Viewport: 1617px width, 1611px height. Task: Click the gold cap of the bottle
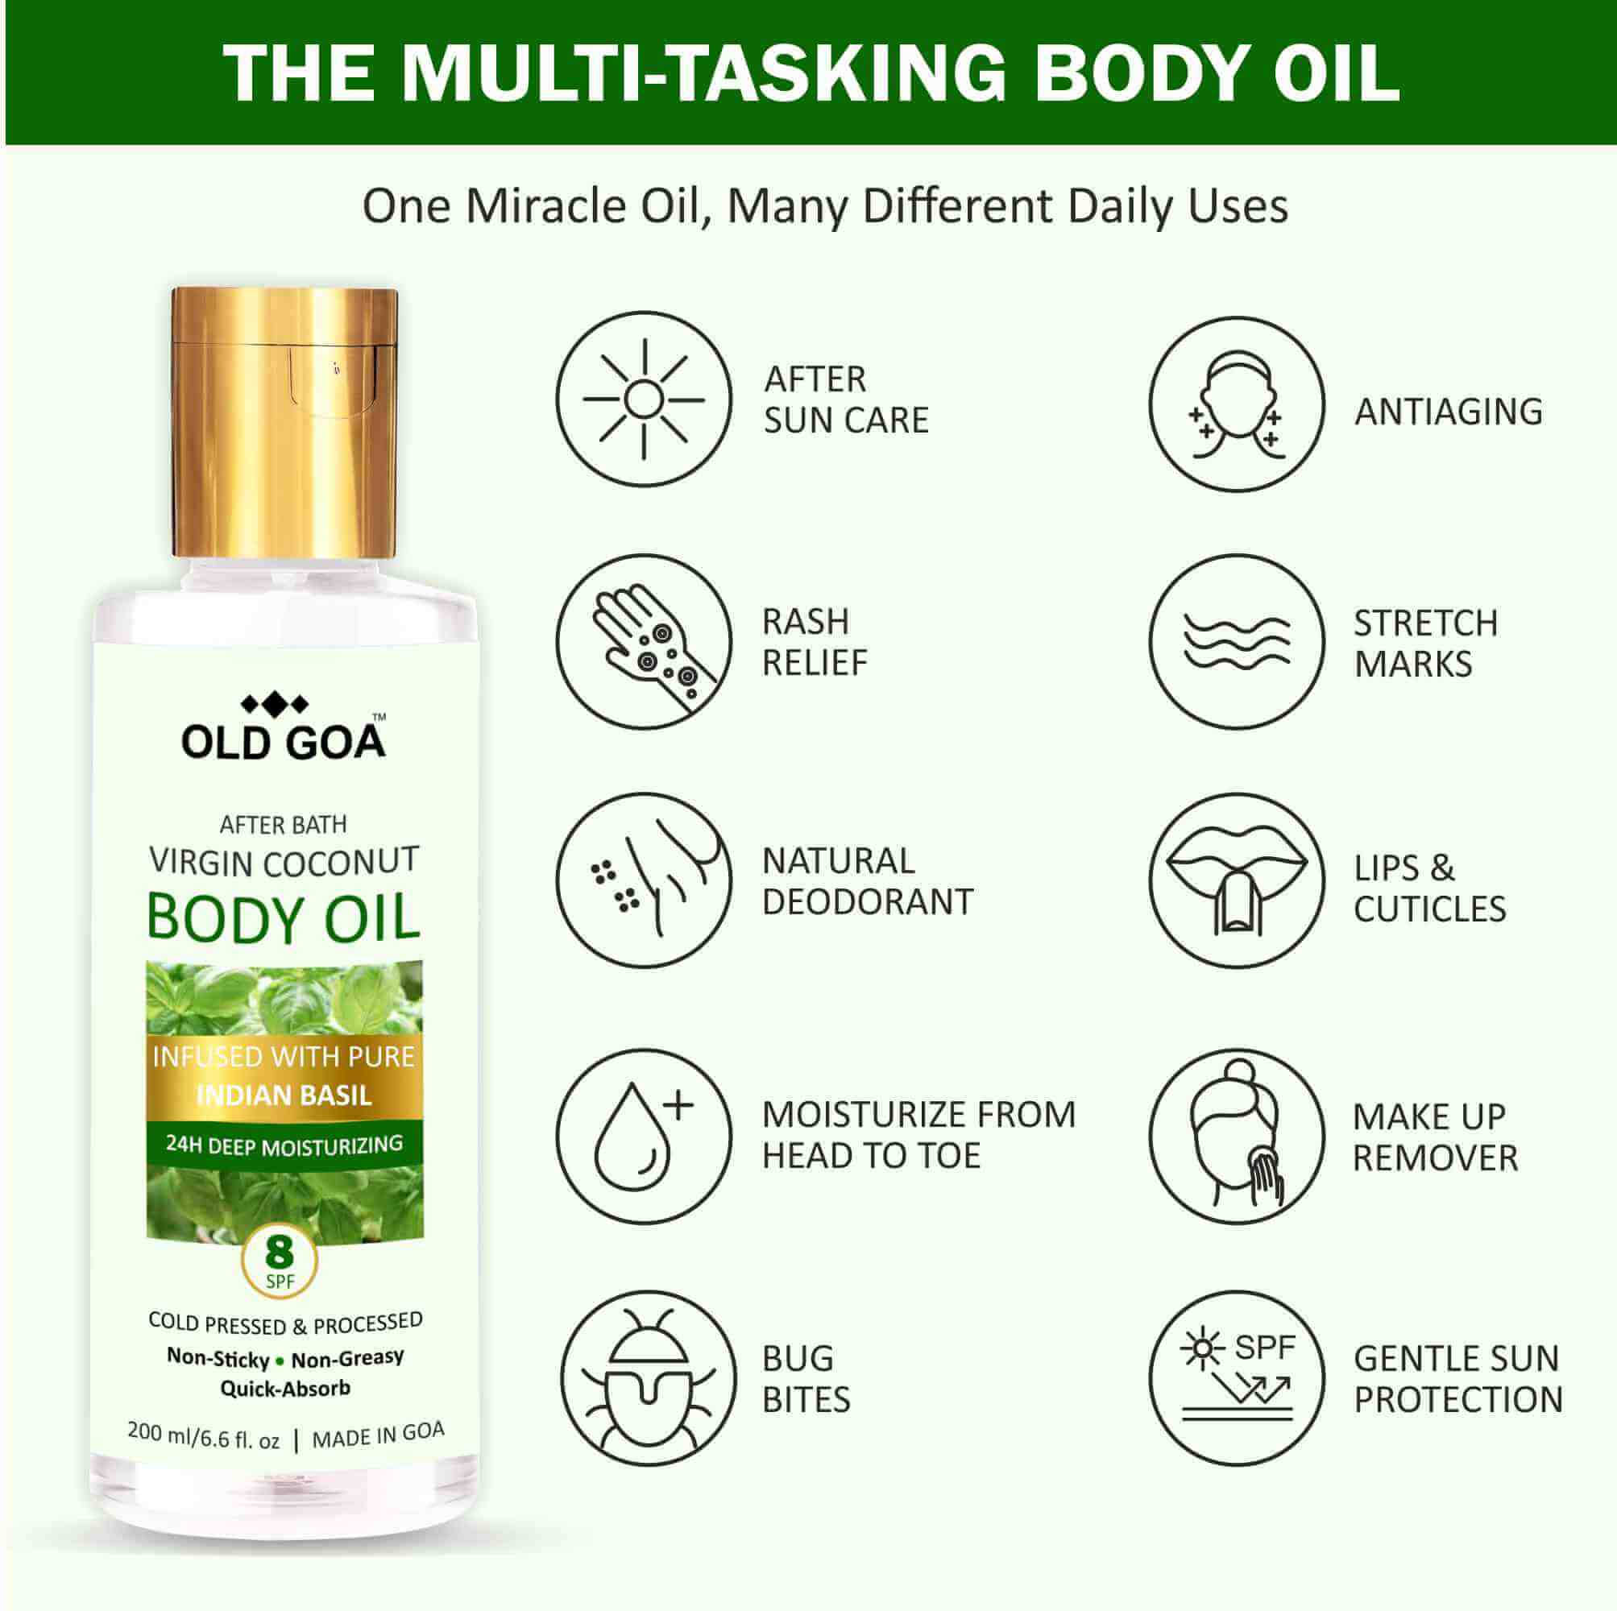pos(284,423)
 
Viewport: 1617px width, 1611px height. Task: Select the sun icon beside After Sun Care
pos(644,400)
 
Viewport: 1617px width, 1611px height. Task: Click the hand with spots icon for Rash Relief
pos(644,641)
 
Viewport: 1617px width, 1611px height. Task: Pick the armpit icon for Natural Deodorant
pos(644,880)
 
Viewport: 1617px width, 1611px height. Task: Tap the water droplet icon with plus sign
pos(644,1136)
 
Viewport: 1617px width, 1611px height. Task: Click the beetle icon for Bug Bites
pos(648,1377)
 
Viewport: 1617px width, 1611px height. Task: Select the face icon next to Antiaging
pos(1236,404)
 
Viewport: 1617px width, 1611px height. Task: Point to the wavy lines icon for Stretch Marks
pos(1236,641)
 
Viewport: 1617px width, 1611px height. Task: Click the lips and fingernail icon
pos(1236,880)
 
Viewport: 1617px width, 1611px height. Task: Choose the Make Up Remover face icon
pos(1236,1136)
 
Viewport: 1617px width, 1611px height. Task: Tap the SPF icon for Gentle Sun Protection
pos(1236,1377)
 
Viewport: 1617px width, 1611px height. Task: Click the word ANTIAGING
pos(1448,412)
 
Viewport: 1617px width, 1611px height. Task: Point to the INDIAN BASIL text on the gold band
pos(284,1095)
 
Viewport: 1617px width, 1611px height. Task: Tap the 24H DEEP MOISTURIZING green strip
pos(284,1144)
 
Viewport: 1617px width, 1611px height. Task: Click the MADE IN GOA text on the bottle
pos(378,1435)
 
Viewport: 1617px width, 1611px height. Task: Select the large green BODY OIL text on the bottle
pos(284,919)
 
